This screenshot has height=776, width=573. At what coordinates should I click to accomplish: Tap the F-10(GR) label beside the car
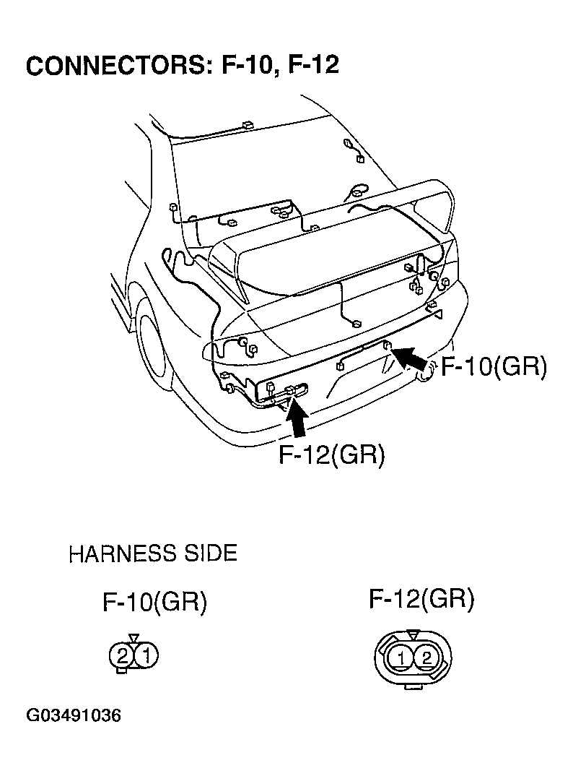494,366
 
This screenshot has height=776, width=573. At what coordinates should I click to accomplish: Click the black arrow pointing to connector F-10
408,357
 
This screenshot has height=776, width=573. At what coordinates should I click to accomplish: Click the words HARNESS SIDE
152,554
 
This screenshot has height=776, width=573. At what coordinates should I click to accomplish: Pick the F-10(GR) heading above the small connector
154,603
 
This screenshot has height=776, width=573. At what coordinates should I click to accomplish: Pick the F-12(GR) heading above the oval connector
421,599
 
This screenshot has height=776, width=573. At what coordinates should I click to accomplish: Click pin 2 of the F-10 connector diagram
122,656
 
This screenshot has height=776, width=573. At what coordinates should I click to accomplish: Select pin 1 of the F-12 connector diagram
403,658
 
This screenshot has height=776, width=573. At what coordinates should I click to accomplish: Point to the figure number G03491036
74,716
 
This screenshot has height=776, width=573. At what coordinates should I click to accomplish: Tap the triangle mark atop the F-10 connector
134,639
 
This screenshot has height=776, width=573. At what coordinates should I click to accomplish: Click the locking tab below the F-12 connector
413,688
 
